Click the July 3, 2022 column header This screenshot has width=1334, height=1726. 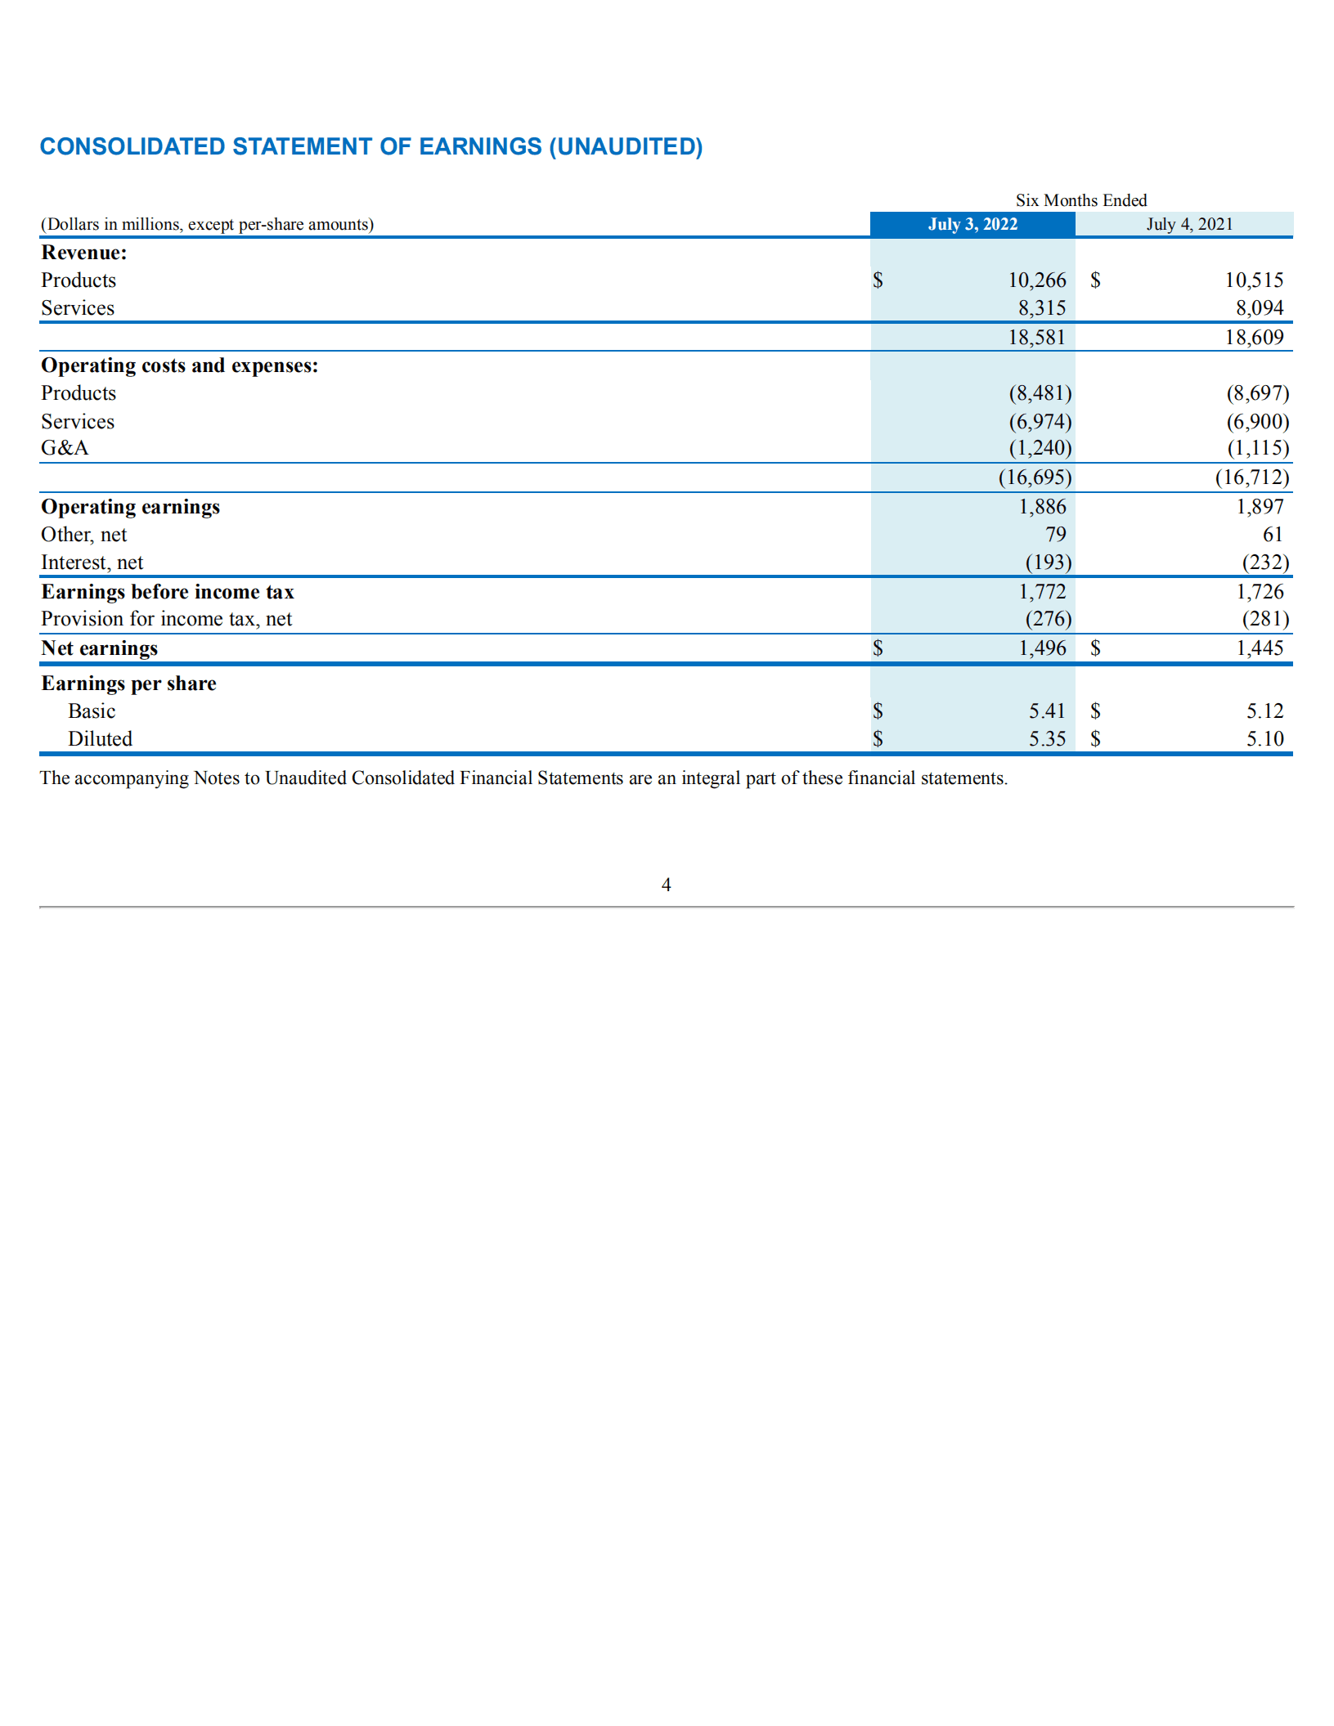click(972, 224)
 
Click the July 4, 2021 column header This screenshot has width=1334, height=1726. click(1188, 224)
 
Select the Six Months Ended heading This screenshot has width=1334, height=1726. click(1080, 200)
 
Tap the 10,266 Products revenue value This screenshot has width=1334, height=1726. click(1036, 280)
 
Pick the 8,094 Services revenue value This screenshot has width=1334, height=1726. click(1259, 308)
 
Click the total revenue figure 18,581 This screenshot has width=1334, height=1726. click(1036, 338)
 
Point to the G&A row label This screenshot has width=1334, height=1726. click(65, 448)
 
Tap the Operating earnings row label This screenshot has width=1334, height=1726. click(130, 507)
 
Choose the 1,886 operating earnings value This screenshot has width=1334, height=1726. click(1042, 507)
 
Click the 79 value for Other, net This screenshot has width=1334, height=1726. click(1055, 535)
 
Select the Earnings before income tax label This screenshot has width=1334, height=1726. click(168, 592)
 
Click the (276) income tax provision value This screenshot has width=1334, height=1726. click(1048, 619)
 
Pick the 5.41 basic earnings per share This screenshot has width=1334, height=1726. click(1047, 711)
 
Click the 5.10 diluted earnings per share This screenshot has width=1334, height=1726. click(1264, 739)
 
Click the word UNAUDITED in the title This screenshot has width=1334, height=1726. click(626, 146)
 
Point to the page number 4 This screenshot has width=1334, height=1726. click(666, 885)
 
